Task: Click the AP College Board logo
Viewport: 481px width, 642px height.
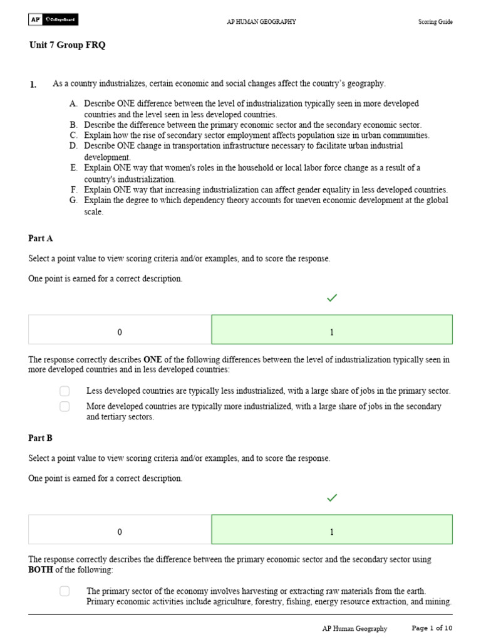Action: point(53,20)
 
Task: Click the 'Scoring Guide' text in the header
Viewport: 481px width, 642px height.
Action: point(435,22)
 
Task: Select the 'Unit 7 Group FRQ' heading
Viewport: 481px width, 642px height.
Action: point(71,46)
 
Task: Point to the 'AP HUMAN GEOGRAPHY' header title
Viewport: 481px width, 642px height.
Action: point(261,22)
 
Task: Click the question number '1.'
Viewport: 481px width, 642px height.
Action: point(33,84)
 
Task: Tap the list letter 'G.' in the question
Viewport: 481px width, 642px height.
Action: point(74,201)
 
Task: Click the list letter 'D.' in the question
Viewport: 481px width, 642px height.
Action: point(74,146)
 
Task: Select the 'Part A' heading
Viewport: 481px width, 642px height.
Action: point(41,238)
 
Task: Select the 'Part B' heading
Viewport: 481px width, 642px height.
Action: point(41,438)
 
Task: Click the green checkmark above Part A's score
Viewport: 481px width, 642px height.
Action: point(332,298)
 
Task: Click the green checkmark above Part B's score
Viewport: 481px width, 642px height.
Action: point(332,498)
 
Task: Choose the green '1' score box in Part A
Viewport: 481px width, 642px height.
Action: point(332,330)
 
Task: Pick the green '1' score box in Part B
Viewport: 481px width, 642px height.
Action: point(332,530)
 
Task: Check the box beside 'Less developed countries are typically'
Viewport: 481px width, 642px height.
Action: point(65,391)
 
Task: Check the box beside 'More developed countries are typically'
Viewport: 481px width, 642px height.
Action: point(65,406)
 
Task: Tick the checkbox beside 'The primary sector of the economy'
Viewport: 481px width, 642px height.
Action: point(65,591)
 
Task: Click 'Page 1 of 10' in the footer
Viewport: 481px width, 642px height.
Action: point(432,628)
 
